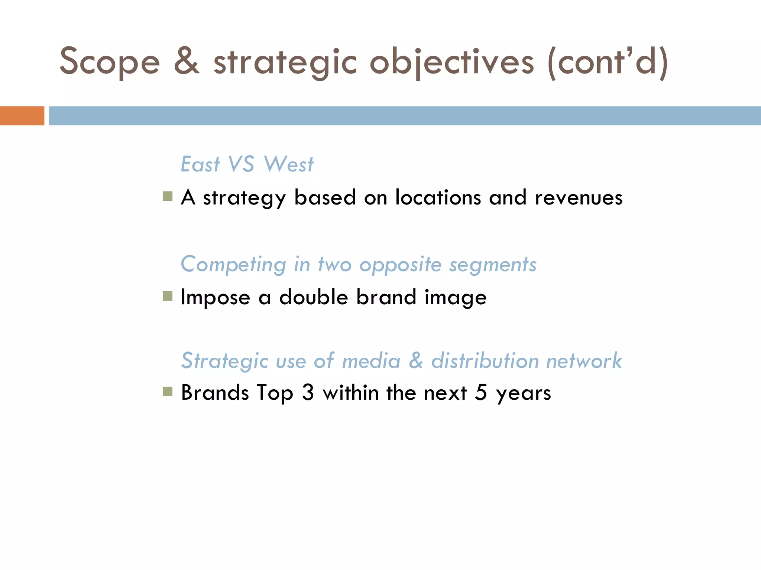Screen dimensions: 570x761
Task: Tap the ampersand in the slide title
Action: click(x=187, y=61)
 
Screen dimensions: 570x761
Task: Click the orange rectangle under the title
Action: click(x=22, y=116)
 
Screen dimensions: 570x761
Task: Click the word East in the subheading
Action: click(x=200, y=164)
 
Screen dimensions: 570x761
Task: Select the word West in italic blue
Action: click(x=288, y=164)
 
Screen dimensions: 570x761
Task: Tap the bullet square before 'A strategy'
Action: click(x=168, y=196)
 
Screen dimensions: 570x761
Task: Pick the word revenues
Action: click(x=578, y=198)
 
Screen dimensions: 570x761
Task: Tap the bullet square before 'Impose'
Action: click(x=168, y=296)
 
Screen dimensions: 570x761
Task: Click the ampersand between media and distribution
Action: click(x=416, y=360)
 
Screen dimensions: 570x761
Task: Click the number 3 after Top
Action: click(x=308, y=393)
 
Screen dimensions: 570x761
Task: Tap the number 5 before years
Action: click(x=481, y=393)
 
